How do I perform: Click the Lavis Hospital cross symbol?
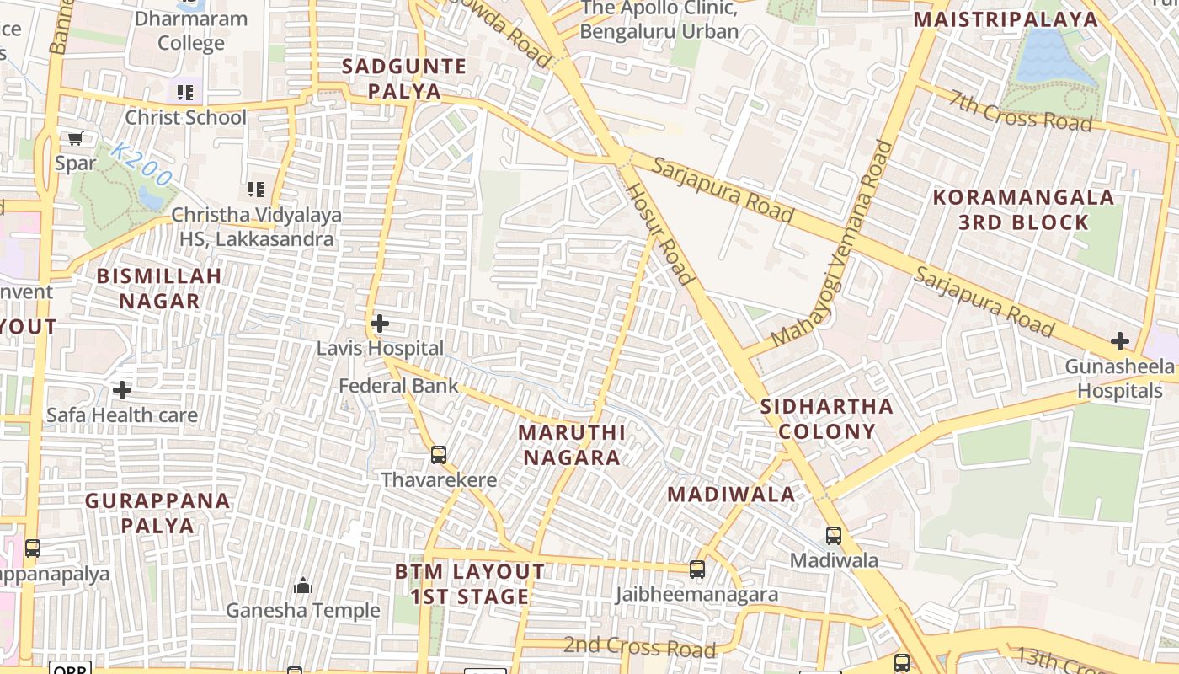(380, 324)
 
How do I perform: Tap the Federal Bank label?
(399, 386)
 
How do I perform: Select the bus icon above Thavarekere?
(438, 455)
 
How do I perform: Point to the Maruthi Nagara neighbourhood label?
(572, 445)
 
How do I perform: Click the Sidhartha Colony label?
(826, 419)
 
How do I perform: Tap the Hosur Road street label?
(660, 233)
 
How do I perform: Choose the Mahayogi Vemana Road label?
(831, 243)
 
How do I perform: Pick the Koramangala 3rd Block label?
(1023, 210)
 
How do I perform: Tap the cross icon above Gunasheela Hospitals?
(1119, 341)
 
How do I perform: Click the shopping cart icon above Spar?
(76, 139)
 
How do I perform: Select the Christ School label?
(186, 117)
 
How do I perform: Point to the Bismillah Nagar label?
(159, 288)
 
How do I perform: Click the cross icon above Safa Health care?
(122, 390)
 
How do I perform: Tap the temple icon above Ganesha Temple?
(302, 586)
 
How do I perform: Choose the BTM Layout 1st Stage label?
(470, 584)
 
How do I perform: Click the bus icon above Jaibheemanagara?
(697, 570)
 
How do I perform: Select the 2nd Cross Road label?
(639, 647)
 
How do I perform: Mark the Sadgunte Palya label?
(403, 78)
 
